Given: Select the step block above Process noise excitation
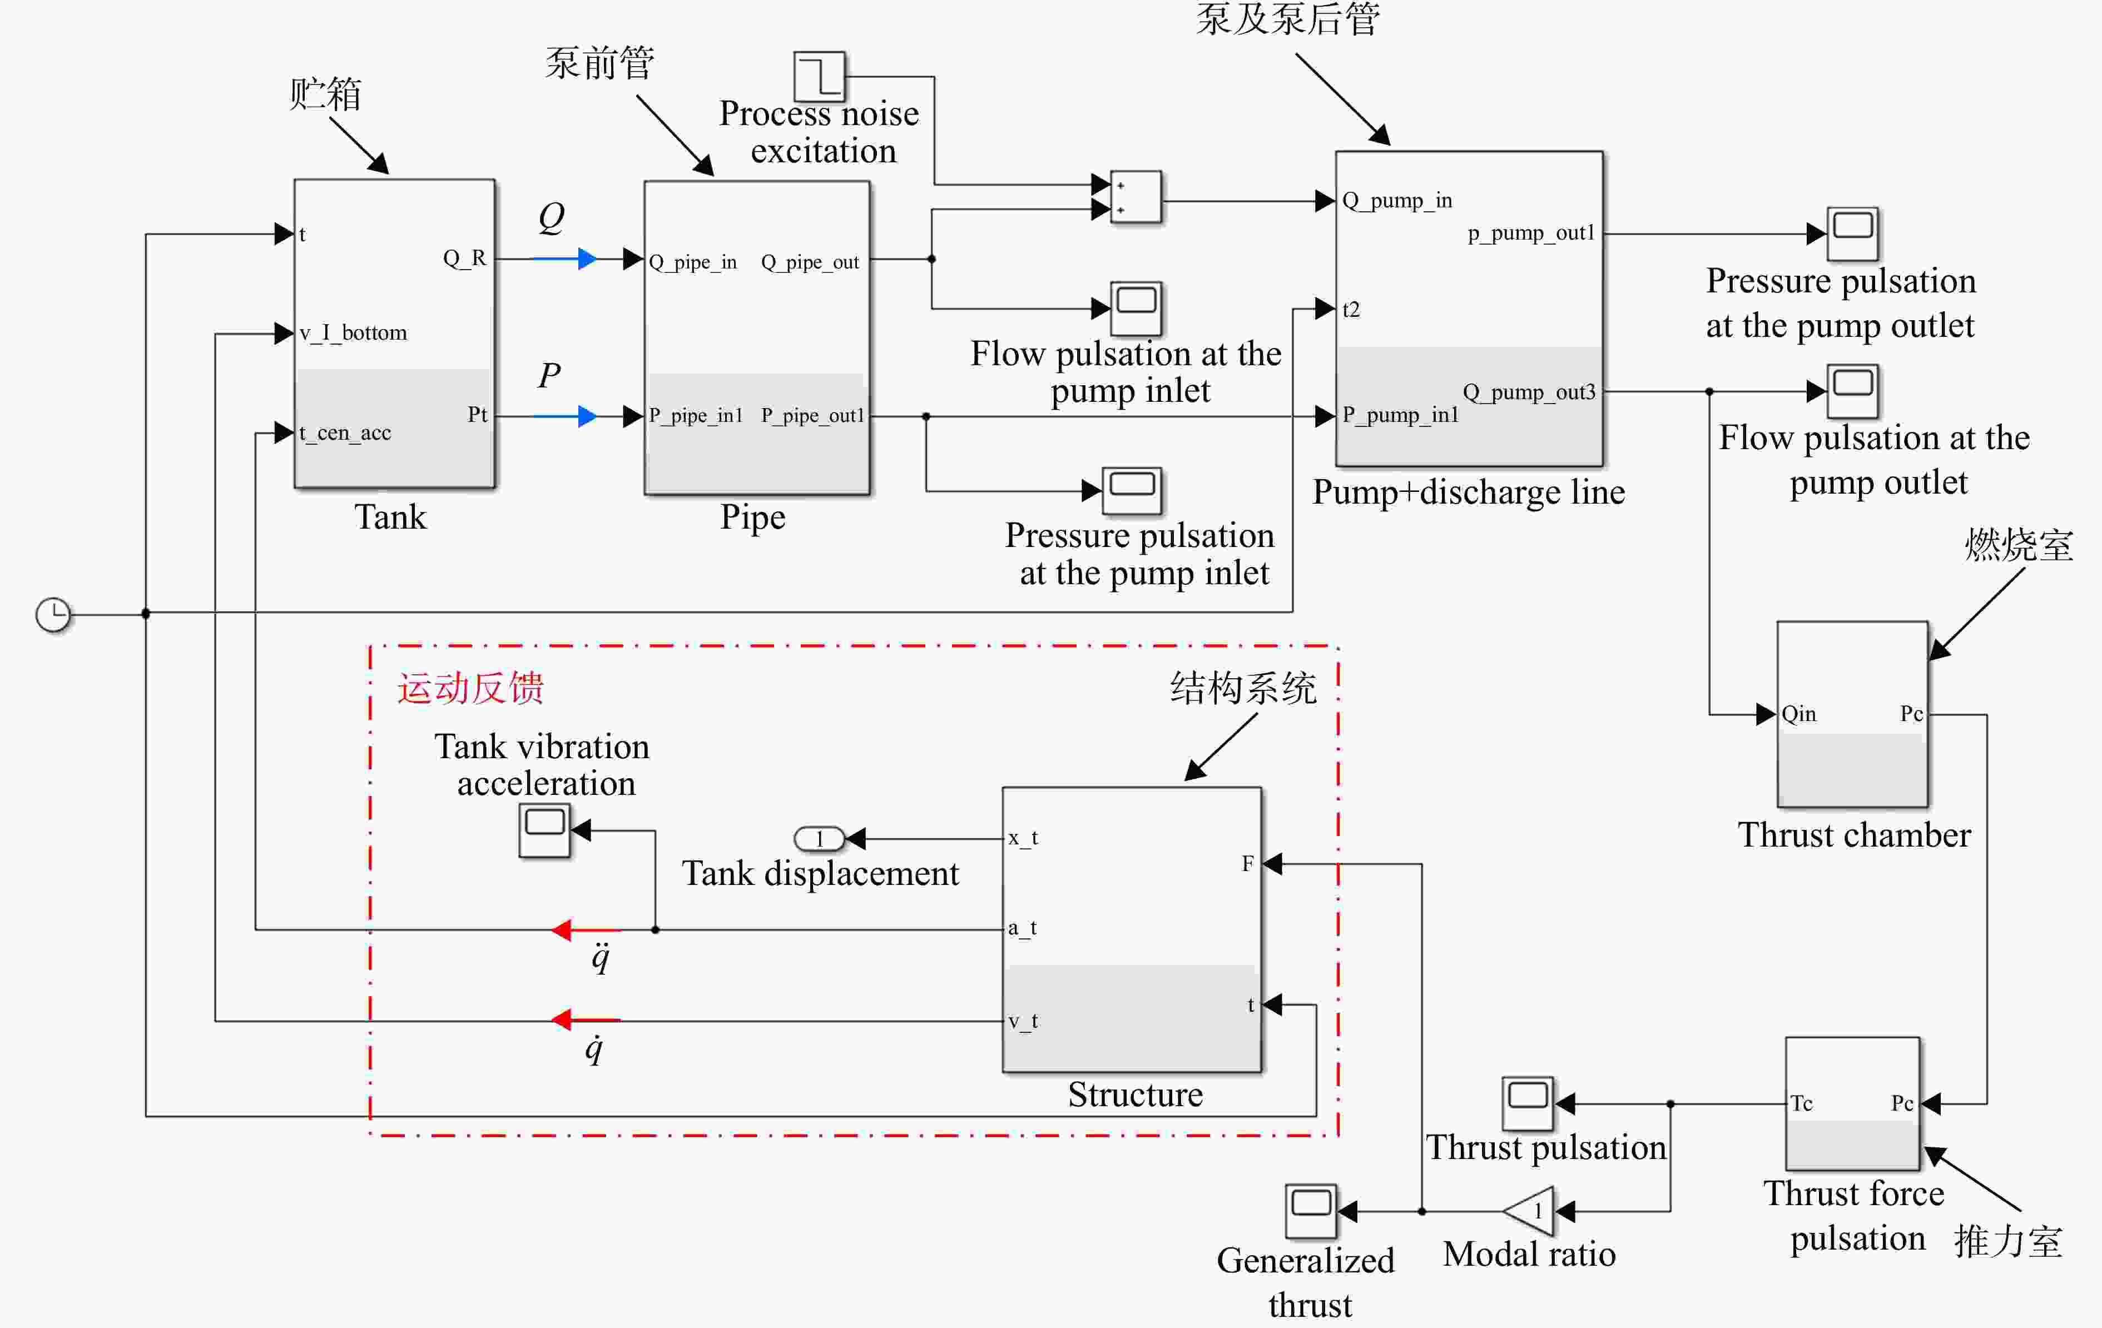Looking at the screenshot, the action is pos(819,76).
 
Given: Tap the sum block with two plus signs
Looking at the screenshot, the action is pos(1136,197).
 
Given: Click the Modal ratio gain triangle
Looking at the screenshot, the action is pos(1529,1211).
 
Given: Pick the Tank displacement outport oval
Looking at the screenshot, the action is pos(819,838).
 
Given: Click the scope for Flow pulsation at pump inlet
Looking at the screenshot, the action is pos(1136,308).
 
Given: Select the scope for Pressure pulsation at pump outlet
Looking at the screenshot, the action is pos(1852,234).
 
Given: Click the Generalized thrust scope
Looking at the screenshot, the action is pos(1310,1211).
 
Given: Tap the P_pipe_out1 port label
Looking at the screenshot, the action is pos(812,415).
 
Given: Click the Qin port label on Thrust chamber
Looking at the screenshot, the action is pos(1799,714).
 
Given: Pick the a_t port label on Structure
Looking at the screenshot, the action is pos(1022,928).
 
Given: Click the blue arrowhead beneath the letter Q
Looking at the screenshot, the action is pos(587,258).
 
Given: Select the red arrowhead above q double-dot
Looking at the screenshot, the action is pos(561,929).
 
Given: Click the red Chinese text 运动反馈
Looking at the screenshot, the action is pos(470,688).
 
